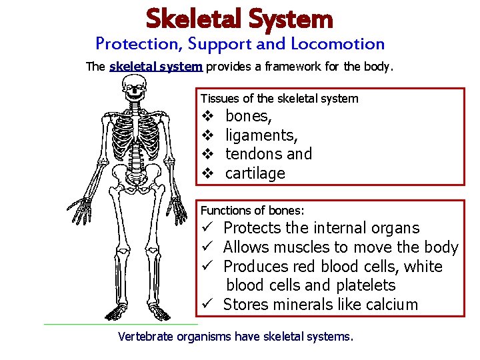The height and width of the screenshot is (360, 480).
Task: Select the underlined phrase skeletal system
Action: coord(156,67)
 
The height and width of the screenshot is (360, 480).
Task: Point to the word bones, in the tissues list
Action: coord(249,117)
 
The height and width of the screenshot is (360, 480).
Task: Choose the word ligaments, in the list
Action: coord(261,135)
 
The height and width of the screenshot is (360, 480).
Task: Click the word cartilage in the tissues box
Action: coord(255,173)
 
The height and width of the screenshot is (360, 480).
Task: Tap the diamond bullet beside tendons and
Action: coord(207,155)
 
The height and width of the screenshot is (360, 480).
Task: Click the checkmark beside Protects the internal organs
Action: coord(207,228)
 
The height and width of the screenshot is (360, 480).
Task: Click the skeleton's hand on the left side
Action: coord(81,211)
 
